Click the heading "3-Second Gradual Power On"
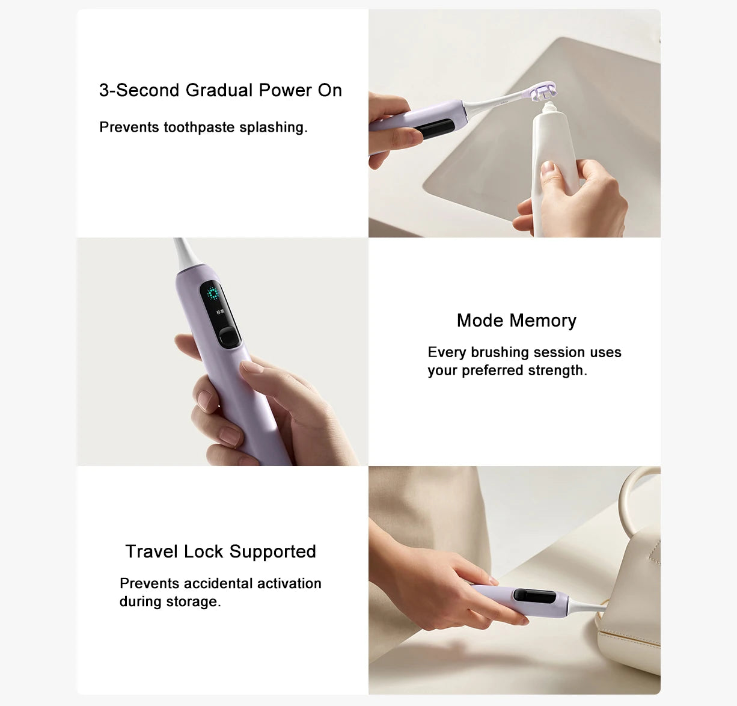[x=221, y=90]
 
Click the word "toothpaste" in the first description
[x=200, y=127]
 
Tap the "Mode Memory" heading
[x=516, y=321]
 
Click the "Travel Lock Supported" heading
[x=221, y=551]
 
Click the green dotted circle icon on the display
[x=212, y=294]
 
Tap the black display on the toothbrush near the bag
[x=534, y=597]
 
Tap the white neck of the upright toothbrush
[x=183, y=252]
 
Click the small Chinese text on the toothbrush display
[x=219, y=312]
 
